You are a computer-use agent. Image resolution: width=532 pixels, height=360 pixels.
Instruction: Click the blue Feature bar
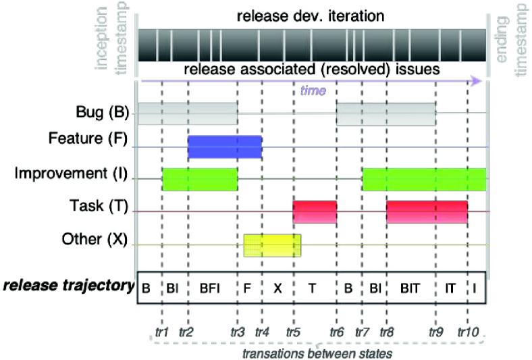coord(224,147)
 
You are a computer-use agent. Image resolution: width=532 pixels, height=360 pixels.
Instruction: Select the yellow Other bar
coord(272,245)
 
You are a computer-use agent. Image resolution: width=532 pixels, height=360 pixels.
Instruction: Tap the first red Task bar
coord(315,212)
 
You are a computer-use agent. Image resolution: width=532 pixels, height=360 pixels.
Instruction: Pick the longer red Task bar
coord(427,212)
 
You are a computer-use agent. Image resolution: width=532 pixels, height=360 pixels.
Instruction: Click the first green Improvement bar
coord(200,179)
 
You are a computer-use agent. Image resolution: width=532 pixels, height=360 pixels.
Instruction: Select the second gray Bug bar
coord(386,114)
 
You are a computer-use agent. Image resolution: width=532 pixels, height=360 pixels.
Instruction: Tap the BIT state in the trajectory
coord(410,287)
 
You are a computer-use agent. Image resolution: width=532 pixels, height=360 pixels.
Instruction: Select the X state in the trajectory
coord(277,287)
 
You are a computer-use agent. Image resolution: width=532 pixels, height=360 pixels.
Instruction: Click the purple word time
coord(313,90)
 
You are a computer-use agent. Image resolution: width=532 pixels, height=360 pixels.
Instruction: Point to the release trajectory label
coord(68,286)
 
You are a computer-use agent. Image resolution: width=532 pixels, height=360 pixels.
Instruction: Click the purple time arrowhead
coord(477,81)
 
